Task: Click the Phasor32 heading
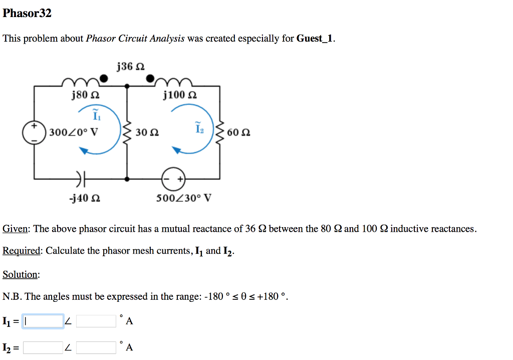tap(27, 14)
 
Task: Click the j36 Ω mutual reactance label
tap(130, 66)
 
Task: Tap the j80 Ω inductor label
tap(85, 94)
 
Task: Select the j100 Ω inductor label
tap(180, 94)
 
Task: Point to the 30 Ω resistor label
tap(147, 133)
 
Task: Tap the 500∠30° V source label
tap(183, 198)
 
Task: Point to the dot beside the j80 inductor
tap(104, 78)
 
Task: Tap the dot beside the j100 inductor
tap(150, 78)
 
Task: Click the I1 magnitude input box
tap(44, 321)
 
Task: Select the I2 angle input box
tap(96, 347)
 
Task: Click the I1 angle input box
tap(96, 321)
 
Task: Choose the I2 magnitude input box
tap(44, 347)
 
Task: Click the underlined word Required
tap(22, 251)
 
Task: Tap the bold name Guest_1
tap(315, 39)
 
